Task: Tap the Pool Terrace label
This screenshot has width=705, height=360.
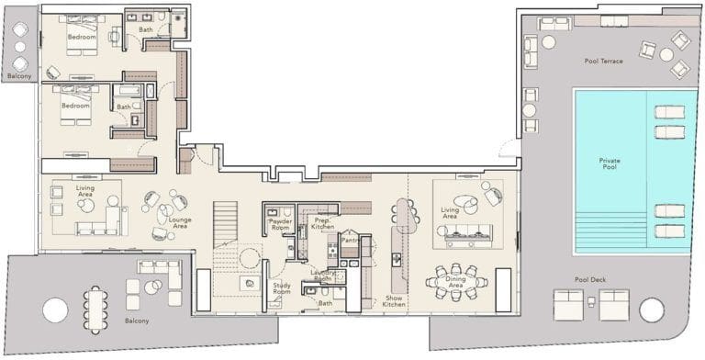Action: tap(603, 62)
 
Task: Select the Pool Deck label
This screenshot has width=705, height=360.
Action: tap(603, 279)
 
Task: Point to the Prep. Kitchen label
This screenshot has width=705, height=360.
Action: tap(322, 223)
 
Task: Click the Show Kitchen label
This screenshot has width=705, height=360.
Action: tap(394, 301)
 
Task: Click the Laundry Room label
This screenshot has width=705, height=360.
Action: tap(322, 275)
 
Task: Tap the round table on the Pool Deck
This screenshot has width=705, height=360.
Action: tap(651, 310)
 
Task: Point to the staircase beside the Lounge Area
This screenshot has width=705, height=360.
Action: tap(226, 224)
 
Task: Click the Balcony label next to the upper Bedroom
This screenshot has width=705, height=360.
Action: tap(19, 77)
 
